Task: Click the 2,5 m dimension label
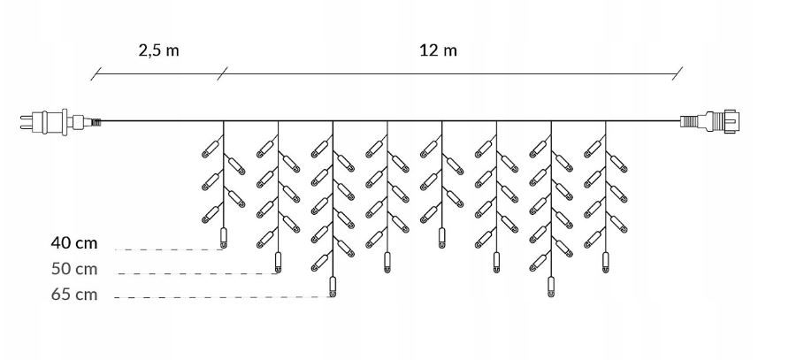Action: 159,50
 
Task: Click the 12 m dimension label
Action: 438,50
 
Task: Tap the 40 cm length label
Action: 74,241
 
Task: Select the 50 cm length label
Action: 74,268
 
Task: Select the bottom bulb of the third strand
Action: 333,287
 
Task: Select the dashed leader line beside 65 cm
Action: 221,297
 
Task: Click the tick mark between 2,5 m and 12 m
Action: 221,75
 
